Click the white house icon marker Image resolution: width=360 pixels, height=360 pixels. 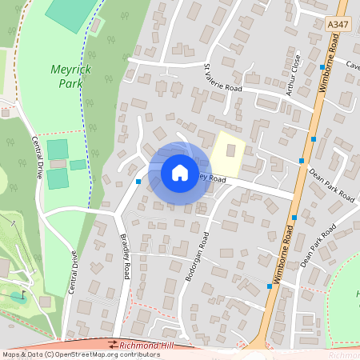180,172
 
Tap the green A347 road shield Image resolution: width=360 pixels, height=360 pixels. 338,26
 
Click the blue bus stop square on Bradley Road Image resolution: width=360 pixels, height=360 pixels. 138,182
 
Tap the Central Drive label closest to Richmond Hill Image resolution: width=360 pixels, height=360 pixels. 73,273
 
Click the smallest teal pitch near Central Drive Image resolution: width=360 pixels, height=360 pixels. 78,165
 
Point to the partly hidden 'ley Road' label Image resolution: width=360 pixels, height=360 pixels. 213,178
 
